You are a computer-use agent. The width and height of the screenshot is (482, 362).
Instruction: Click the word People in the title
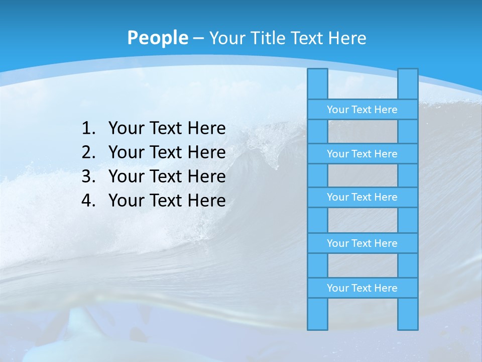[x=158, y=38]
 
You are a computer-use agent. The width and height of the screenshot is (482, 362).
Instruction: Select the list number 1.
[x=88, y=129]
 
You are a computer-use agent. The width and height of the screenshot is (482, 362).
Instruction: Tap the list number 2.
[x=88, y=152]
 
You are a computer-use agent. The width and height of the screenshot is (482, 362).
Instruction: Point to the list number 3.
[x=88, y=176]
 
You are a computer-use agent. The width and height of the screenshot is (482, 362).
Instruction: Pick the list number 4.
[x=88, y=201]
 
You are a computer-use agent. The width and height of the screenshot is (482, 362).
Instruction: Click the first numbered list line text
[x=167, y=129]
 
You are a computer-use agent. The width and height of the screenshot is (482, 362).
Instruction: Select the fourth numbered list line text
[x=167, y=201]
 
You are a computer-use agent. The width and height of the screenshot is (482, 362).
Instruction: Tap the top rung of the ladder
[x=362, y=110]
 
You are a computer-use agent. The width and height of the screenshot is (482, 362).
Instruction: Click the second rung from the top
[x=362, y=154]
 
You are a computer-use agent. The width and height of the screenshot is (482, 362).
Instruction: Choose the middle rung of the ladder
[x=362, y=197]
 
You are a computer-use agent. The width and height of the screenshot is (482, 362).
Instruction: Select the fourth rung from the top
[x=362, y=243]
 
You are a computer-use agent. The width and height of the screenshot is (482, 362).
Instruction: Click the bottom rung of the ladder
[x=362, y=288]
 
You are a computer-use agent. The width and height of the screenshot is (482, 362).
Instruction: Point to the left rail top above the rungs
[x=317, y=84]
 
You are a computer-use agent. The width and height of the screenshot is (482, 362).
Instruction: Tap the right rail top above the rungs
[x=408, y=84]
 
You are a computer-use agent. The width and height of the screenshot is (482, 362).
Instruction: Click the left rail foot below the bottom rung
[x=317, y=314]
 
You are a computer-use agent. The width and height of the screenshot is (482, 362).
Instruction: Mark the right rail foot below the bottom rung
[x=408, y=314]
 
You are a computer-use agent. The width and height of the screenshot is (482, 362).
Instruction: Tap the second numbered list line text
[x=167, y=152]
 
